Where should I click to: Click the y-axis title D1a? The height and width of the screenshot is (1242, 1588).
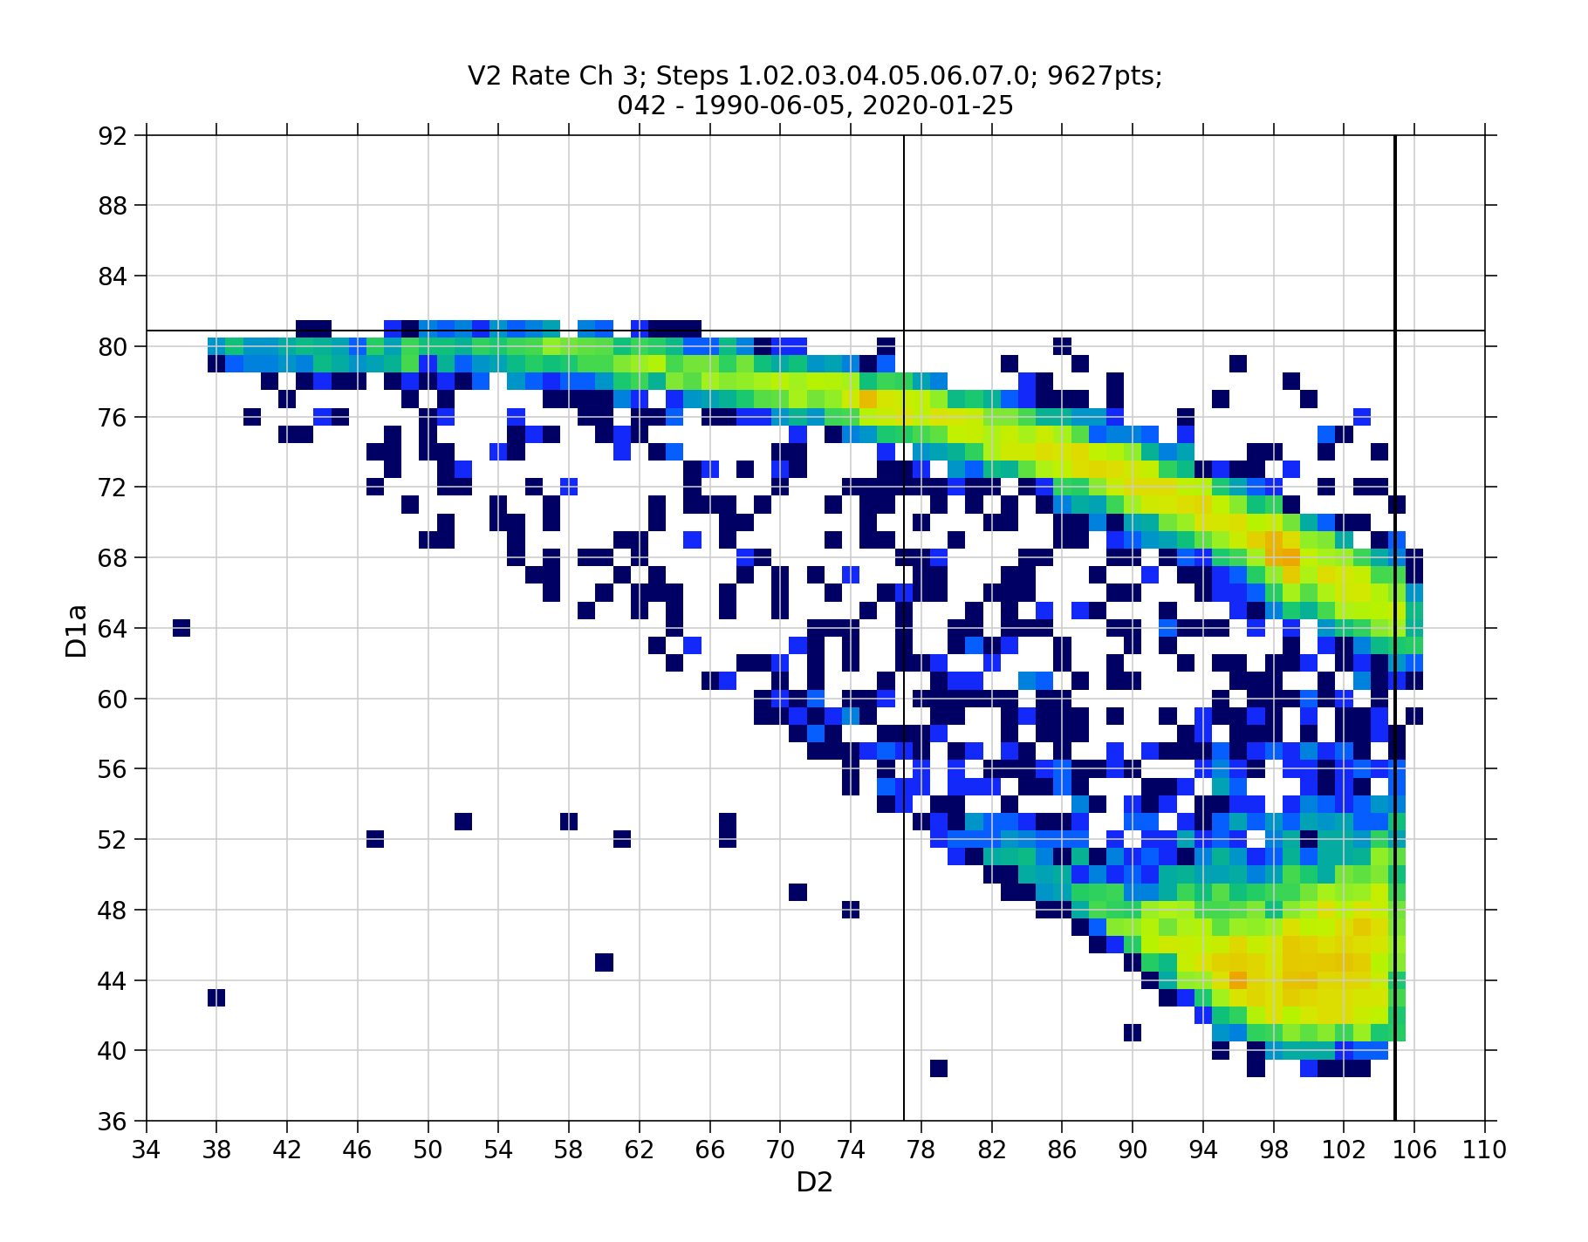tap(77, 630)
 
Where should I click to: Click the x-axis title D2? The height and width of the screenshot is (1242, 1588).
tap(814, 1183)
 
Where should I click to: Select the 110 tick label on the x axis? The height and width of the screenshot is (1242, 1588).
tap(1485, 1150)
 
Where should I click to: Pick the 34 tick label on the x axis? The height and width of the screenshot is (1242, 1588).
tap(147, 1150)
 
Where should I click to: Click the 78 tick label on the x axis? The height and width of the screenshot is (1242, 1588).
tap(921, 1150)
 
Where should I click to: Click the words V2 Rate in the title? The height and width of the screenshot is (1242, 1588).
tap(517, 77)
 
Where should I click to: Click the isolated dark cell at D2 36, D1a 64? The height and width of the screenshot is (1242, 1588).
tap(181, 628)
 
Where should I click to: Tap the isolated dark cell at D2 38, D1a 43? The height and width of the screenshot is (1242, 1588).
tap(216, 997)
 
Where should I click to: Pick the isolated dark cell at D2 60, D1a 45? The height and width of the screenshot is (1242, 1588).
tap(604, 962)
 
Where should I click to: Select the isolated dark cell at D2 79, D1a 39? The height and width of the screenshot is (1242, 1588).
tap(939, 1068)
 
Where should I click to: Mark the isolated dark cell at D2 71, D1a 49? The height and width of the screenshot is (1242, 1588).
tap(797, 892)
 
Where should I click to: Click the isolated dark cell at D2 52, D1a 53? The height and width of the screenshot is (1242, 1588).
tap(463, 822)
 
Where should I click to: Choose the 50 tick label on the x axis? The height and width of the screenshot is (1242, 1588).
tap(428, 1150)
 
